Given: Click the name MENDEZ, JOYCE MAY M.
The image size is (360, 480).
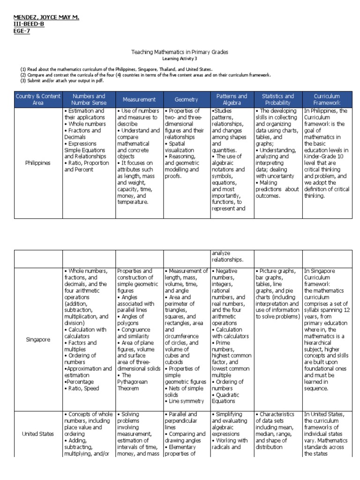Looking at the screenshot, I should click(45, 17).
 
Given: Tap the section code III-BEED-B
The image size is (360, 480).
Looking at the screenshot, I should click(29, 24).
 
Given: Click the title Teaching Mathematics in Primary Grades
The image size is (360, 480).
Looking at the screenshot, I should click(180, 52).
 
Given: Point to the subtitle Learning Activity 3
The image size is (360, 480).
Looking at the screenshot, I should click(180, 59).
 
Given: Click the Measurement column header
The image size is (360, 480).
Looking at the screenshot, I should click(139, 99).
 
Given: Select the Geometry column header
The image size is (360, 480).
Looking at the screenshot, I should click(186, 99).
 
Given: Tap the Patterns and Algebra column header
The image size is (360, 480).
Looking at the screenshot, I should click(232, 99).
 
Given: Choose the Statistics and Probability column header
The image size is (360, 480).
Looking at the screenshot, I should click(277, 99).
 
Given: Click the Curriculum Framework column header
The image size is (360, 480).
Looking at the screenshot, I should click(327, 99).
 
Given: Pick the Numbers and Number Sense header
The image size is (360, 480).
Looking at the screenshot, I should click(89, 99).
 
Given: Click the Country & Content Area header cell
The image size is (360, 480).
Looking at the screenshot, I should click(38, 99).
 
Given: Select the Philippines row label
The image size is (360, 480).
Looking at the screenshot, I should click(38, 163).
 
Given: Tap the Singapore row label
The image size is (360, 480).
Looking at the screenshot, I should click(38, 339).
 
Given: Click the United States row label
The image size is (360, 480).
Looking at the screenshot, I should click(38, 434).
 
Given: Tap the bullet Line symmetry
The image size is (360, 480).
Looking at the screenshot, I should click(185, 401).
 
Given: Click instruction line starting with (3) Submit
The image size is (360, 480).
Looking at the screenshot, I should click(61, 81).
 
